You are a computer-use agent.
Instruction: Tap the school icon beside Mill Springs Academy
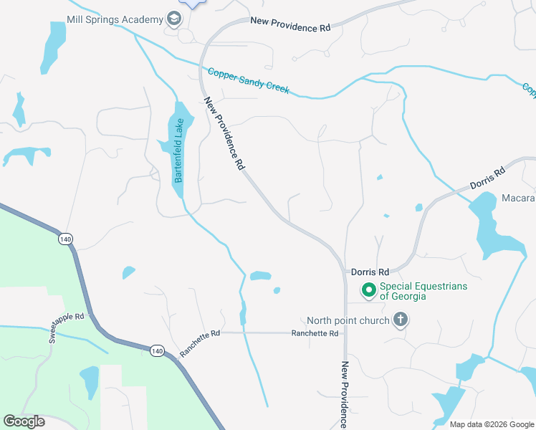(x=173, y=19)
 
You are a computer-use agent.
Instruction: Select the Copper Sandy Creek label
(x=248, y=81)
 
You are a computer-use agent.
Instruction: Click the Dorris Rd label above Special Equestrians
(x=370, y=272)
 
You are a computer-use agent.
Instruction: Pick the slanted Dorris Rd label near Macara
(x=488, y=179)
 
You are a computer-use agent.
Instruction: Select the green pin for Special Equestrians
(x=368, y=290)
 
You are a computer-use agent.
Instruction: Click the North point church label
(x=348, y=320)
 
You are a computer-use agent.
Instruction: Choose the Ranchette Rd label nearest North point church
(x=314, y=333)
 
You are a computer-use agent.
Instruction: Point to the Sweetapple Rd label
(x=67, y=327)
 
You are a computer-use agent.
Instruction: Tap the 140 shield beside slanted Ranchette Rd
(x=157, y=350)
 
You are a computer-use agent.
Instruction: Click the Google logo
(x=24, y=421)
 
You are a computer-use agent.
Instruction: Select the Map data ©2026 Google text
(x=491, y=424)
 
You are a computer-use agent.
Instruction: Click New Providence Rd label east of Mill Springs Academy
(x=290, y=24)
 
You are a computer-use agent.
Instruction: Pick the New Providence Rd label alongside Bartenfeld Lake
(x=225, y=134)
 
